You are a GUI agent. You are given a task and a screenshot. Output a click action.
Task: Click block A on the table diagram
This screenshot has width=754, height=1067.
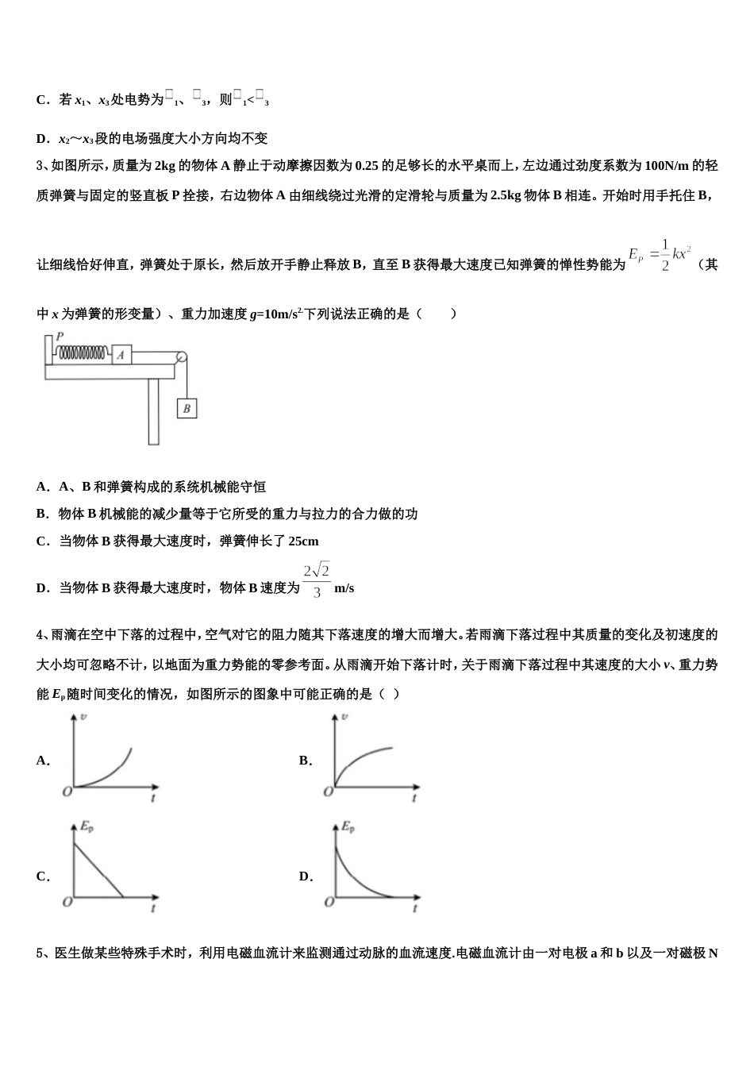pyautogui.click(x=121, y=354)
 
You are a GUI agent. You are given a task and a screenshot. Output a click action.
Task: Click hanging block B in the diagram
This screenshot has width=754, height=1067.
pyautogui.click(x=187, y=408)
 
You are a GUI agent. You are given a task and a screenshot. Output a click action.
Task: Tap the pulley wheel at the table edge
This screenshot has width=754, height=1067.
pyautogui.click(x=182, y=358)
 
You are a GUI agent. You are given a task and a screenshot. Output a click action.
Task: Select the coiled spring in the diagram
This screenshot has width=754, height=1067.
pyautogui.click(x=82, y=353)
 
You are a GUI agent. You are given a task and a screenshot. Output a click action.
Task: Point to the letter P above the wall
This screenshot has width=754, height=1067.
pyautogui.click(x=60, y=337)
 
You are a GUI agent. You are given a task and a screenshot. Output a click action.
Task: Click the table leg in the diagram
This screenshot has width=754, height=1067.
pyautogui.click(x=153, y=411)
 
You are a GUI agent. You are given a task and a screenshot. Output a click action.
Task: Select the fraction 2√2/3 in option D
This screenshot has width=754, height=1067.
pyautogui.click(x=316, y=581)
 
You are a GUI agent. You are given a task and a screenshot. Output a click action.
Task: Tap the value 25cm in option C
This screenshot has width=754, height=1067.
pyautogui.click(x=304, y=541)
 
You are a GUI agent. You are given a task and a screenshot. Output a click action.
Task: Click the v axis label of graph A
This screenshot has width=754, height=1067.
pyautogui.click(x=84, y=718)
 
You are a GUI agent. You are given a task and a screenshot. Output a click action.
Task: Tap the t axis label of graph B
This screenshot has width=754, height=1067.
pyautogui.click(x=414, y=798)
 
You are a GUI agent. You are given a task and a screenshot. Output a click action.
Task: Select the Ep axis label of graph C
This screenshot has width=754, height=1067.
pyautogui.click(x=87, y=827)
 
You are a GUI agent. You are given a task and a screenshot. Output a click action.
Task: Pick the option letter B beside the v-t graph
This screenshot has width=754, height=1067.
pyautogui.click(x=305, y=761)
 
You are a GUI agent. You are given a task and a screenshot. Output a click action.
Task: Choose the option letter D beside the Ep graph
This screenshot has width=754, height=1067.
pyautogui.click(x=305, y=876)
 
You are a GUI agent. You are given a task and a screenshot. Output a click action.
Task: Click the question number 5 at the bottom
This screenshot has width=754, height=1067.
pyautogui.click(x=40, y=953)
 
